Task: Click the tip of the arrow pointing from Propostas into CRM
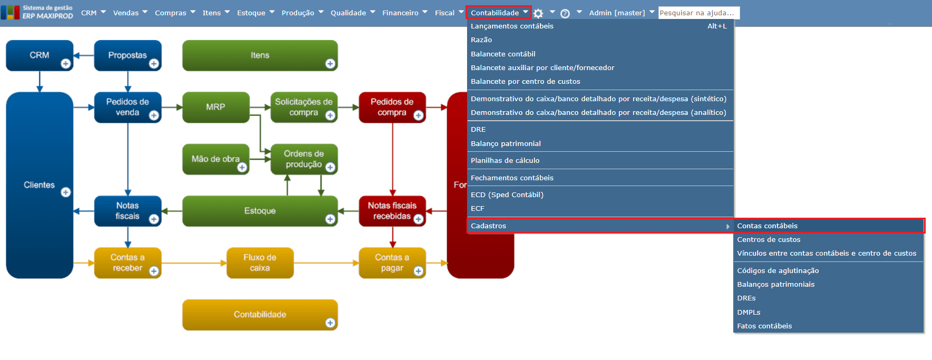click(74, 55)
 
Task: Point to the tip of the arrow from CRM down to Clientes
click(40, 92)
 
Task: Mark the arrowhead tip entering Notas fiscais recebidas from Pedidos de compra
click(393, 196)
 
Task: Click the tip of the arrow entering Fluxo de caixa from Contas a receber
click(227, 263)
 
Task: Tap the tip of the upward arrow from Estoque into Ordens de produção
click(287, 175)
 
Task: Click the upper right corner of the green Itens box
click(338, 41)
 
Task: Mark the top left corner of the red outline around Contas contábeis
click(734, 218)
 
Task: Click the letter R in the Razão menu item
click(473, 40)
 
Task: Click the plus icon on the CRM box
click(66, 64)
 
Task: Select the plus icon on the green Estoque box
click(331, 219)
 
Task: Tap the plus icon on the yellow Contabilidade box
click(331, 323)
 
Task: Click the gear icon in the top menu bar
click(538, 13)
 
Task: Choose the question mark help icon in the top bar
click(565, 14)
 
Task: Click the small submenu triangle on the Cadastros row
click(728, 226)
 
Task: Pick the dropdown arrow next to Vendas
click(145, 12)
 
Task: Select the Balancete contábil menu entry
click(503, 54)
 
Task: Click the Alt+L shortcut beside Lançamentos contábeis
click(717, 26)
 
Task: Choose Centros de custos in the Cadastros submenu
click(769, 239)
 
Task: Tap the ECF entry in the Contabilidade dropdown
click(478, 209)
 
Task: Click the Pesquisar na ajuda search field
click(699, 13)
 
